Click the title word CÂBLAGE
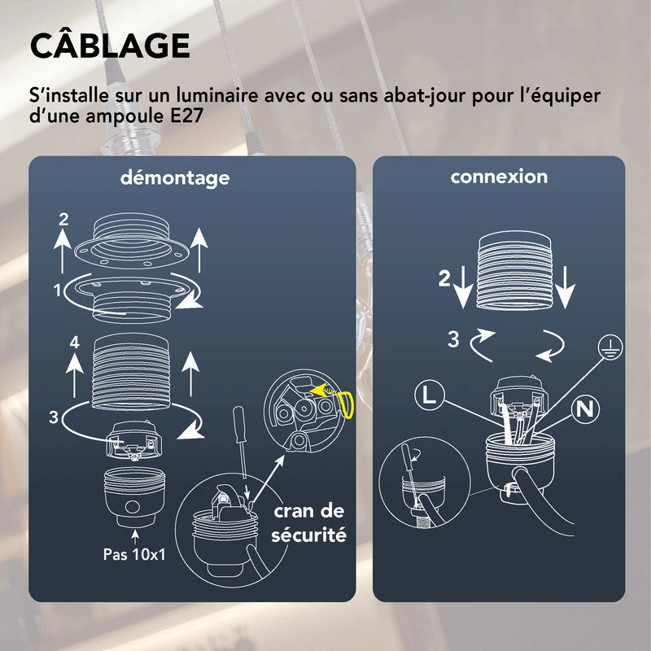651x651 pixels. point(110,46)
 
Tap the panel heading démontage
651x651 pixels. point(175,177)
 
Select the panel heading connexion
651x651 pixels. point(499,176)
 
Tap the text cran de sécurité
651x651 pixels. point(308,523)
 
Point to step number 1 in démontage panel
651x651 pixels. point(58,290)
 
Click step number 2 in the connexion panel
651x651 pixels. point(443,279)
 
